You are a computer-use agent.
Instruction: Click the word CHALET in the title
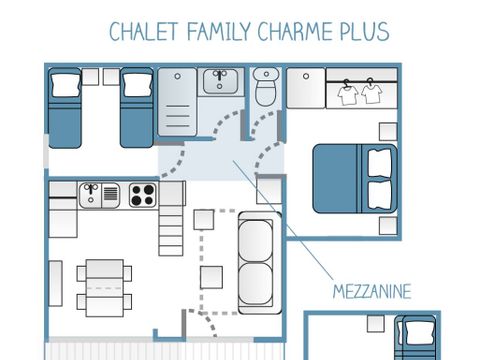pyautogui.click(x=144, y=31)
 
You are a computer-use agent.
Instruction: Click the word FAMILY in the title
pyautogui.click(x=219, y=31)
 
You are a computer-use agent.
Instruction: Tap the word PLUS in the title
pyautogui.click(x=364, y=31)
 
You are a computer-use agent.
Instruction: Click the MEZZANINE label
pyautogui.click(x=372, y=292)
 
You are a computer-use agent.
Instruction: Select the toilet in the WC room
pyautogui.click(x=266, y=87)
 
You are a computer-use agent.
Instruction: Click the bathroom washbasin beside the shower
pyautogui.click(x=220, y=81)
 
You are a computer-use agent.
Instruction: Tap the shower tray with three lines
pyautogui.click(x=177, y=102)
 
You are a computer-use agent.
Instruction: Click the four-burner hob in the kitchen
pyautogui.click(x=143, y=195)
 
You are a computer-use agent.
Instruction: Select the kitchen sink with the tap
pyautogui.click(x=99, y=195)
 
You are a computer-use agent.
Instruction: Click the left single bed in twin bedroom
pyautogui.click(x=65, y=108)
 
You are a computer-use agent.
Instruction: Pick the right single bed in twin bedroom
pyautogui.click(x=137, y=108)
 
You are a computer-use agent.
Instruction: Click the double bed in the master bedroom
pyautogui.click(x=355, y=178)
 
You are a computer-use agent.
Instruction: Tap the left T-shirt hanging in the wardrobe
pyautogui.click(x=348, y=93)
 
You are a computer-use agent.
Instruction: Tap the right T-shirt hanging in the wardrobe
pyautogui.click(x=372, y=92)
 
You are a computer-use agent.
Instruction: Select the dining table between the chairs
pyautogui.click(x=105, y=288)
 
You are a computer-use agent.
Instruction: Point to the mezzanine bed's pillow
pyautogui.click(x=419, y=331)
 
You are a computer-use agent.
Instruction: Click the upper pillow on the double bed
pyautogui.click(x=379, y=163)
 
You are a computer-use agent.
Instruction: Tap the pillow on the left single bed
pyautogui.click(x=66, y=85)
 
